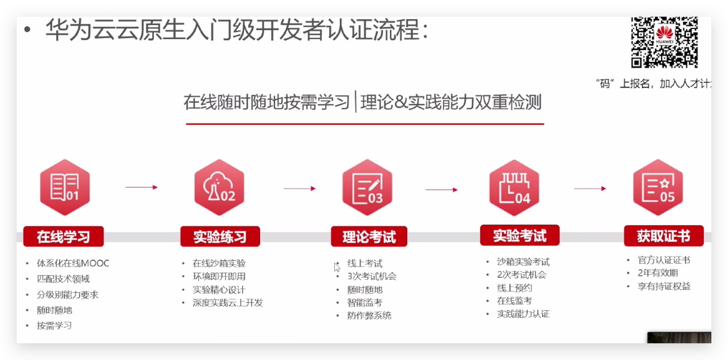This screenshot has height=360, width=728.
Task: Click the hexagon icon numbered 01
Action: point(65,187)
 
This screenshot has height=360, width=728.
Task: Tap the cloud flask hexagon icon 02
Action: point(219,187)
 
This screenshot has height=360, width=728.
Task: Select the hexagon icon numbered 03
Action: point(367,187)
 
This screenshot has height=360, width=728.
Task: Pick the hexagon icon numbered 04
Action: point(514,188)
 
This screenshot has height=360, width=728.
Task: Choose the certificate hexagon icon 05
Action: point(658,187)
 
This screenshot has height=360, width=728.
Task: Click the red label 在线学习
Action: point(63,236)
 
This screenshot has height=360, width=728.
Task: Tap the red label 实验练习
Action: point(220,236)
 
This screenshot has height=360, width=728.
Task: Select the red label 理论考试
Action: point(369,236)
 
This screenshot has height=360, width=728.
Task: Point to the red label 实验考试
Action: point(520,235)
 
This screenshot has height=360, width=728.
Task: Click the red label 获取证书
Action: point(664,236)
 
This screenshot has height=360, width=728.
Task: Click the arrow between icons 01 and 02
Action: point(142,187)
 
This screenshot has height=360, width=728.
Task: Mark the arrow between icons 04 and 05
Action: point(590,188)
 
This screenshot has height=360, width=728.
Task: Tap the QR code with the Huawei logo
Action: point(665,42)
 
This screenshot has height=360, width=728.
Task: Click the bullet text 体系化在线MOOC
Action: point(73,263)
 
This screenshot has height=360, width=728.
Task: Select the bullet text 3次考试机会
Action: point(372,276)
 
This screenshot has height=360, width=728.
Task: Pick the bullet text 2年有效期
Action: point(658,273)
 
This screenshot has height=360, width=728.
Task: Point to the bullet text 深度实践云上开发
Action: point(228,302)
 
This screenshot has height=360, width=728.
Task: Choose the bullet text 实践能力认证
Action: point(523,314)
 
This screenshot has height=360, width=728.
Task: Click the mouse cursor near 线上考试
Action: point(337,267)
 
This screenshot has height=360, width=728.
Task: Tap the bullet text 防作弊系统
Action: point(369,315)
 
